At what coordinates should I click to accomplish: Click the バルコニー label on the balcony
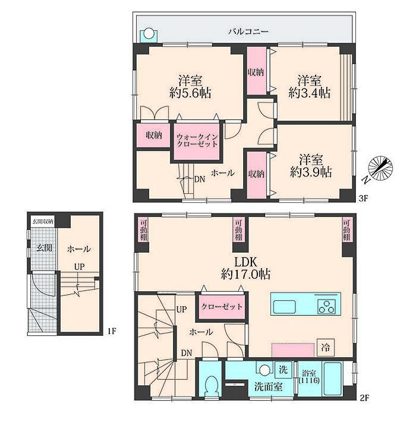coord(248,32)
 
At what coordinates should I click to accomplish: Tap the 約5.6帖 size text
coord(190,93)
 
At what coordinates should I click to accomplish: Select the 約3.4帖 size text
coord(310,93)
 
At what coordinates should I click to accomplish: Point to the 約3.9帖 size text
coord(311,172)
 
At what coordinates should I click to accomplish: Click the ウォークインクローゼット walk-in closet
coord(197,141)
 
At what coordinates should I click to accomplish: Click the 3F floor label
coord(363,199)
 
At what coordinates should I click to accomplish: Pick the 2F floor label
coord(364,398)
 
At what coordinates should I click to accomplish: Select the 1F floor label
coord(111,331)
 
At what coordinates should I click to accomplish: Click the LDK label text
coord(245,262)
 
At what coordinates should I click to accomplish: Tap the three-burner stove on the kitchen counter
coord(327,307)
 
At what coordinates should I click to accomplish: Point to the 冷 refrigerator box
coord(326,348)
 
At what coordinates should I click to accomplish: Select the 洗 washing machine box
coord(283,370)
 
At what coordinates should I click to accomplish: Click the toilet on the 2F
coord(210,388)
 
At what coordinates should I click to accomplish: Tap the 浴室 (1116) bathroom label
coord(309,377)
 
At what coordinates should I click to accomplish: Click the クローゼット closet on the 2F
coord(222,307)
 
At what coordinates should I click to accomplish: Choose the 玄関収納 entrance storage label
coord(43,222)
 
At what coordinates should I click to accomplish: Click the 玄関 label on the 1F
coord(44,248)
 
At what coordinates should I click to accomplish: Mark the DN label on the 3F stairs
coord(200,179)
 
